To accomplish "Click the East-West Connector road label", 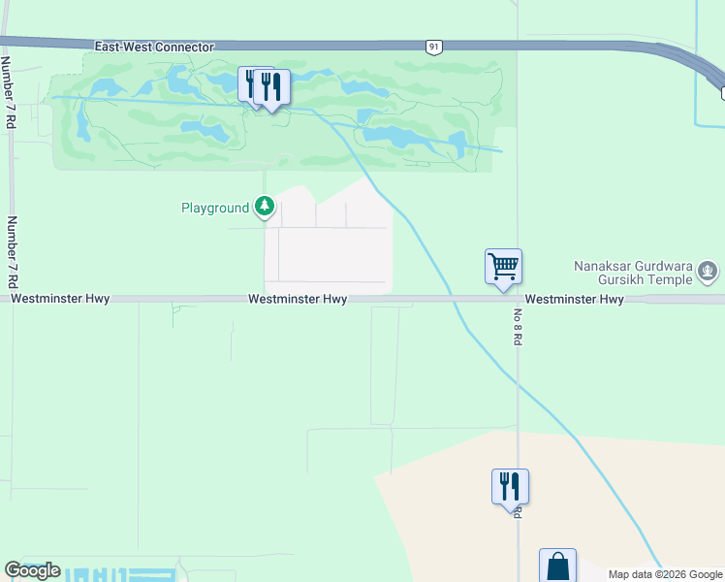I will pos(154,47).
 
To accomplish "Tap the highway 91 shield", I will pos(435,46).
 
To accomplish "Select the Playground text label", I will pos(215,208).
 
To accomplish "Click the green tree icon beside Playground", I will pos(265,207).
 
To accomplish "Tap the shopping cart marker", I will pos(503,266).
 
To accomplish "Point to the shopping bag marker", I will pos(558,566).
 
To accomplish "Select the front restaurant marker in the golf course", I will pos(271,88).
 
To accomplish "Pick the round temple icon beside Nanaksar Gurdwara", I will pos(709,272).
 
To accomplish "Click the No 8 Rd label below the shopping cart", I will pos(519,329).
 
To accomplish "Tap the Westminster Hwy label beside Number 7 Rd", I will pos(60,300).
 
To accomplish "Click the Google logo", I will pos(32,570).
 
